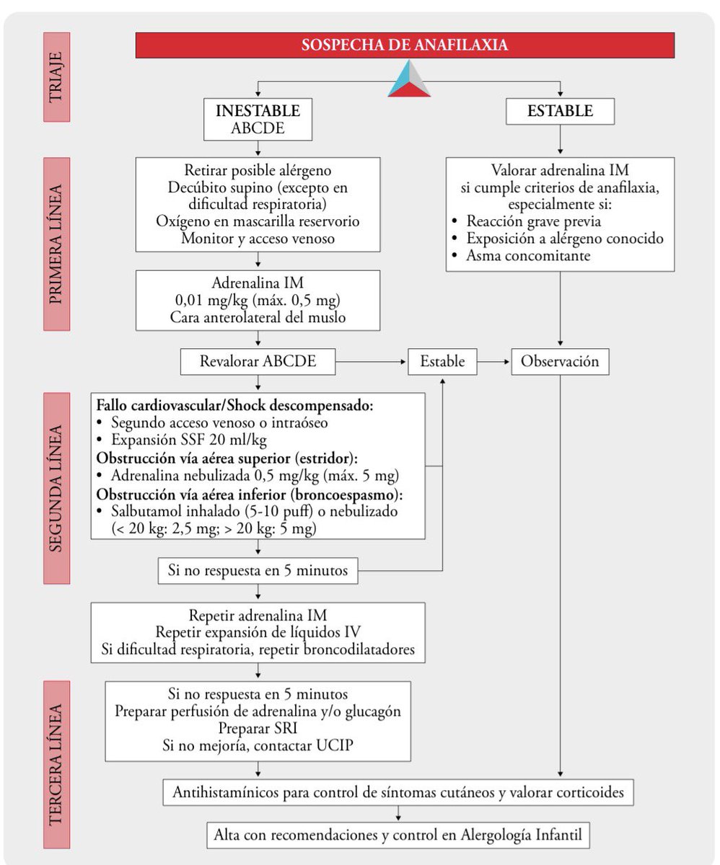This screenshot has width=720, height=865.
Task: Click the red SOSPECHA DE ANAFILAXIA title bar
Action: pos(404,45)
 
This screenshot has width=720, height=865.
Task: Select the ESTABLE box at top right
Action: pos(560,112)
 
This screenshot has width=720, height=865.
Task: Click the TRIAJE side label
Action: pos(56,76)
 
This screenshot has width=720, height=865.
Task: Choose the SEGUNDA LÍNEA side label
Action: pos(56,488)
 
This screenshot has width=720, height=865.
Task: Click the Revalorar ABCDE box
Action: pos(258,362)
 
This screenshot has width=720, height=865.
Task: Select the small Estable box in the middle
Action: pos(442,362)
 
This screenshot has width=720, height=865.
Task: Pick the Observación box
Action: pos(560,362)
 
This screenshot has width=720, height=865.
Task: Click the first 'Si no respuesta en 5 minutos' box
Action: pos(258,572)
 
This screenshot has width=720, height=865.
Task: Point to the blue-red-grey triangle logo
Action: pos(409,79)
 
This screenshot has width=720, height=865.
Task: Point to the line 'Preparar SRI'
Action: pos(258,727)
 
